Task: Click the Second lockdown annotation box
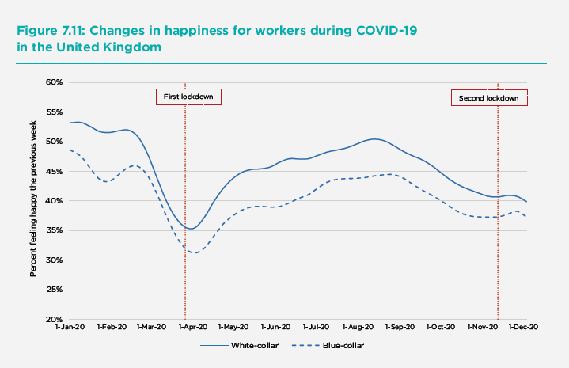click(488, 98)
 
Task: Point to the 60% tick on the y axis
click(53, 82)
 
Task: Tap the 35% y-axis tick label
click(53, 230)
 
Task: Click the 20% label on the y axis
click(53, 320)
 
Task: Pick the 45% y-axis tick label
click(53, 171)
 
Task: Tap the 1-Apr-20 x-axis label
click(192, 326)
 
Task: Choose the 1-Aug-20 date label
click(358, 326)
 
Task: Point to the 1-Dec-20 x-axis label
click(523, 326)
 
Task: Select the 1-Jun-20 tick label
click(275, 326)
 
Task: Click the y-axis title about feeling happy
click(34, 201)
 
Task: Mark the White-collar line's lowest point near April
click(190, 229)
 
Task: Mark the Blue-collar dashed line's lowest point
click(192, 252)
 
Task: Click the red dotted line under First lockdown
click(185, 198)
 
